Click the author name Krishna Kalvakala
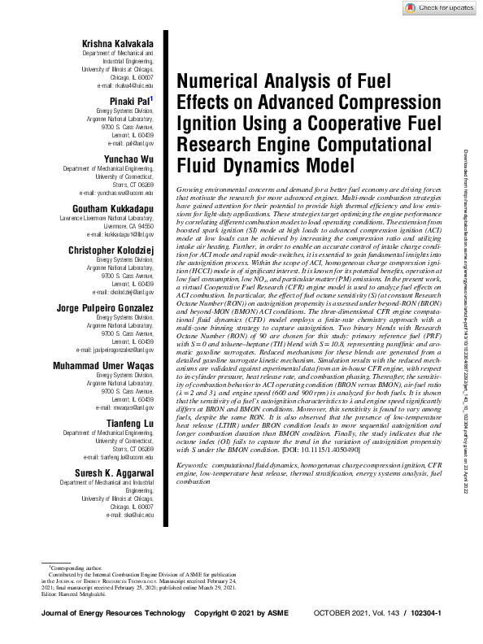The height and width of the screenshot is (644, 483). click(118, 42)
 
